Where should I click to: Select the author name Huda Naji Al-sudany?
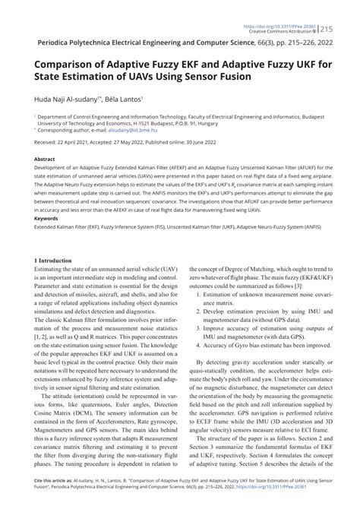coord(60,99)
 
